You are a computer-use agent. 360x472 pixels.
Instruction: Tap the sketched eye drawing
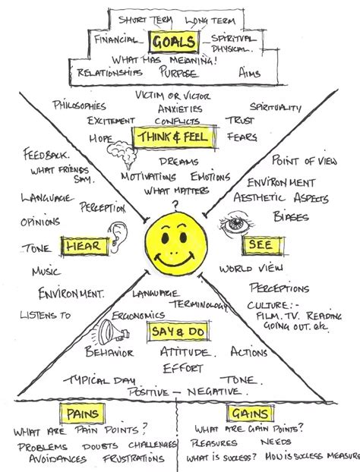(x=235, y=225)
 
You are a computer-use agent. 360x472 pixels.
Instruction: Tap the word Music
(x=46, y=272)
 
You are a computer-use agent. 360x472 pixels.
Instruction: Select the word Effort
(x=183, y=369)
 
